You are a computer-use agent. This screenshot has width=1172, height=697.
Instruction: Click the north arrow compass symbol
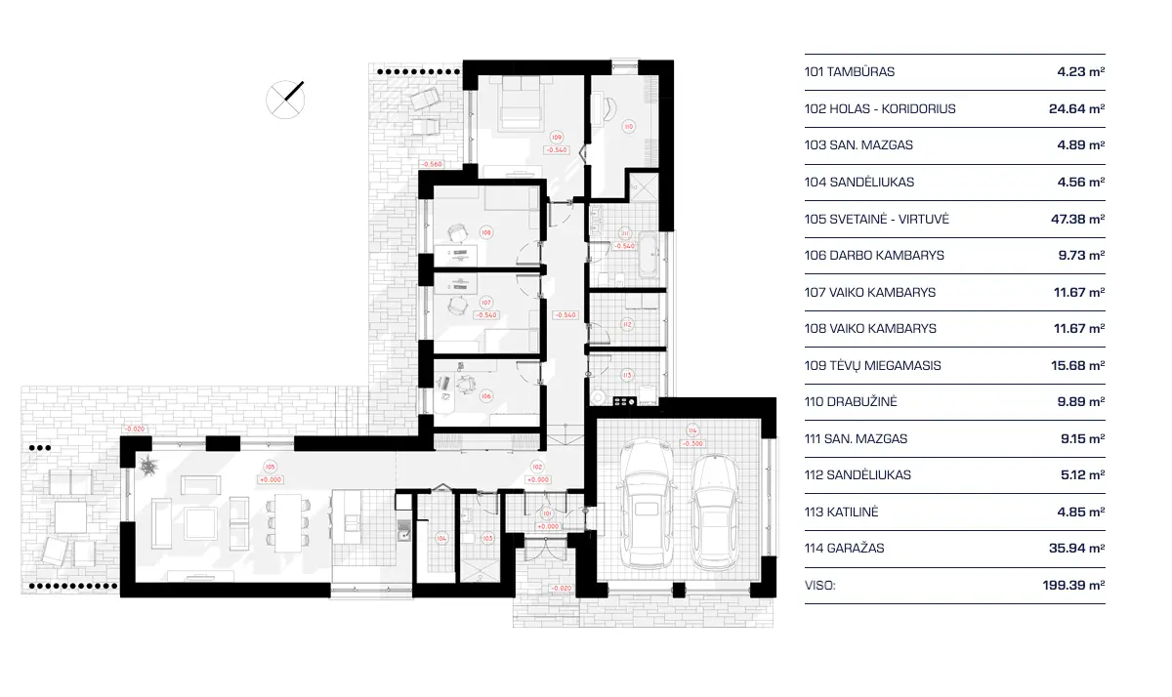285,99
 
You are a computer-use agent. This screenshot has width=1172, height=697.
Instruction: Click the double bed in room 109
524,105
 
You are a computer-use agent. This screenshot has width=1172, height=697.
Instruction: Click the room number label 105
272,468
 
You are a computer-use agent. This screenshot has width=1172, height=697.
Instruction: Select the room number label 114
692,430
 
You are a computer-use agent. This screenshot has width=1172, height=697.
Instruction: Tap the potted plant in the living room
148,466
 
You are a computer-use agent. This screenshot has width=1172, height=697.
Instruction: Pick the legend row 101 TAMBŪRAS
849,72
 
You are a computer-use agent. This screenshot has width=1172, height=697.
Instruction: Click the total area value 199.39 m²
1072,586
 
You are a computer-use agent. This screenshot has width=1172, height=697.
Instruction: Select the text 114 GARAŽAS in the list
844,549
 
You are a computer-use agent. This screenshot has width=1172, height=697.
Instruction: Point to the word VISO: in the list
820,586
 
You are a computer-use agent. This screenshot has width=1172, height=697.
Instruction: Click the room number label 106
485,395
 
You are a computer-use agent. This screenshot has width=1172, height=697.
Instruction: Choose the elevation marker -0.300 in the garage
692,443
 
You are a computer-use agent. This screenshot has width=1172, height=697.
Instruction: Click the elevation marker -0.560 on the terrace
432,164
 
